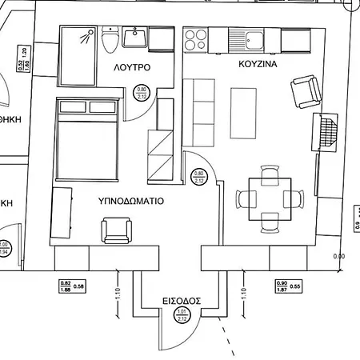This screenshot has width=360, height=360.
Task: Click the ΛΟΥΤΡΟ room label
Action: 133,68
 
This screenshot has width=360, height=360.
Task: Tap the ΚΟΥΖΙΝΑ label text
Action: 258,62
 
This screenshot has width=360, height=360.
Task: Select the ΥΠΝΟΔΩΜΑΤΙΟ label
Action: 131,201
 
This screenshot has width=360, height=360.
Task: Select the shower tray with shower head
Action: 80,54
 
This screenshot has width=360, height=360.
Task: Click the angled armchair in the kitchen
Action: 306,92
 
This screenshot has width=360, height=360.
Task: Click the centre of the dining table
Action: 270,197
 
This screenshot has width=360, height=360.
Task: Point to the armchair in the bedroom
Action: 118,232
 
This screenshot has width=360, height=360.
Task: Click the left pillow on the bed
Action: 71,107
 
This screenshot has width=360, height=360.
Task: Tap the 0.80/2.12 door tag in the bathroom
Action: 142,94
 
